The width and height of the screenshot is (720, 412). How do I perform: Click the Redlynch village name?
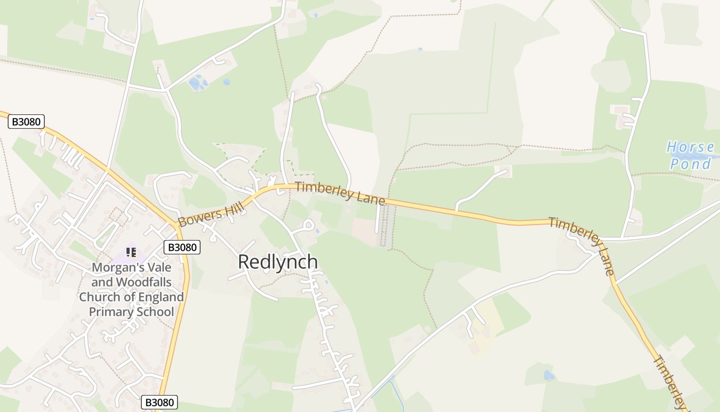[x=278, y=262]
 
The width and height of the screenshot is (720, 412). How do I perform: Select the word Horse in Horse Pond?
[x=690, y=148]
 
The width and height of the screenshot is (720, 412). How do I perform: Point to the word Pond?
[x=691, y=164]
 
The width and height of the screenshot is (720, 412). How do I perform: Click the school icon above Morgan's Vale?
[x=131, y=252]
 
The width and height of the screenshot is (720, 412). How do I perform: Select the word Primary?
[x=110, y=312]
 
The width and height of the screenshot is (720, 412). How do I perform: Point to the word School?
[x=153, y=312]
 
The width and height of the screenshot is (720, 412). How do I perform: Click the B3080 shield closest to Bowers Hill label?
[x=182, y=247]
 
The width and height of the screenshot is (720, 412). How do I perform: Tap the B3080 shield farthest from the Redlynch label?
[x=26, y=122]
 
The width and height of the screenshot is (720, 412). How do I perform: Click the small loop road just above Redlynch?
[x=308, y=225]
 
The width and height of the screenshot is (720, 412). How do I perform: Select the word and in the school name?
[x=102, y=282]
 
